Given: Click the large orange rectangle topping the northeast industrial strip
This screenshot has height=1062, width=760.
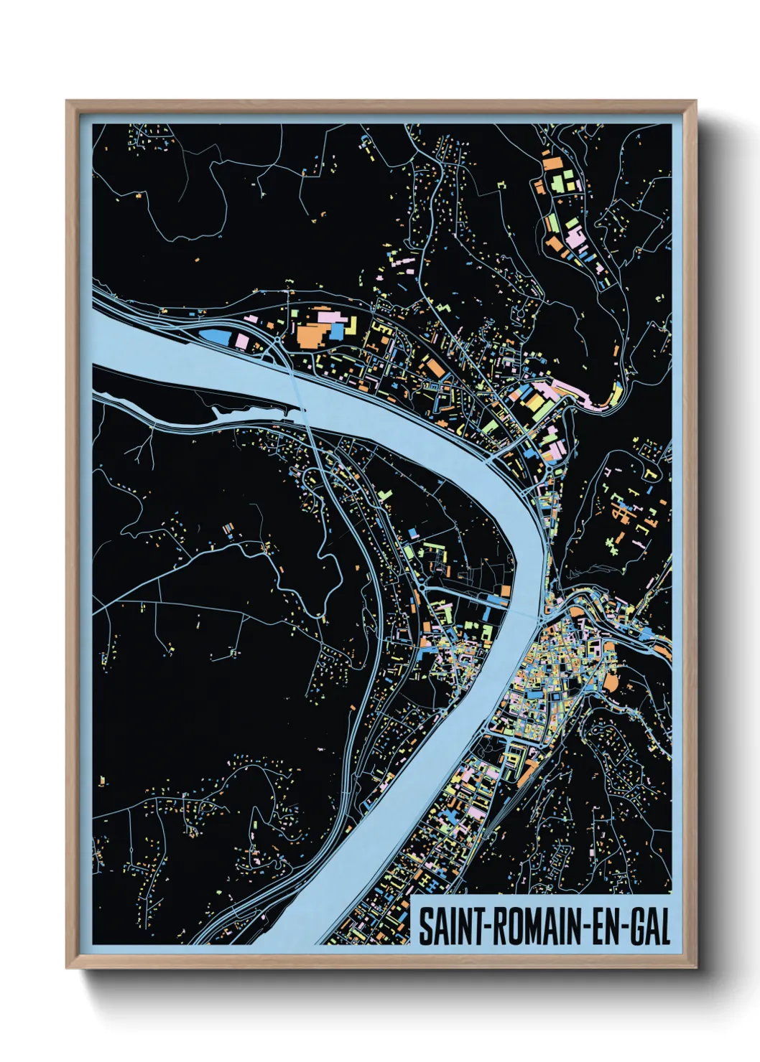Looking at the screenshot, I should [x=552, y=164].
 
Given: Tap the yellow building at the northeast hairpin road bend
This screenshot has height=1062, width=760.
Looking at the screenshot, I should [x=616, y=393].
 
